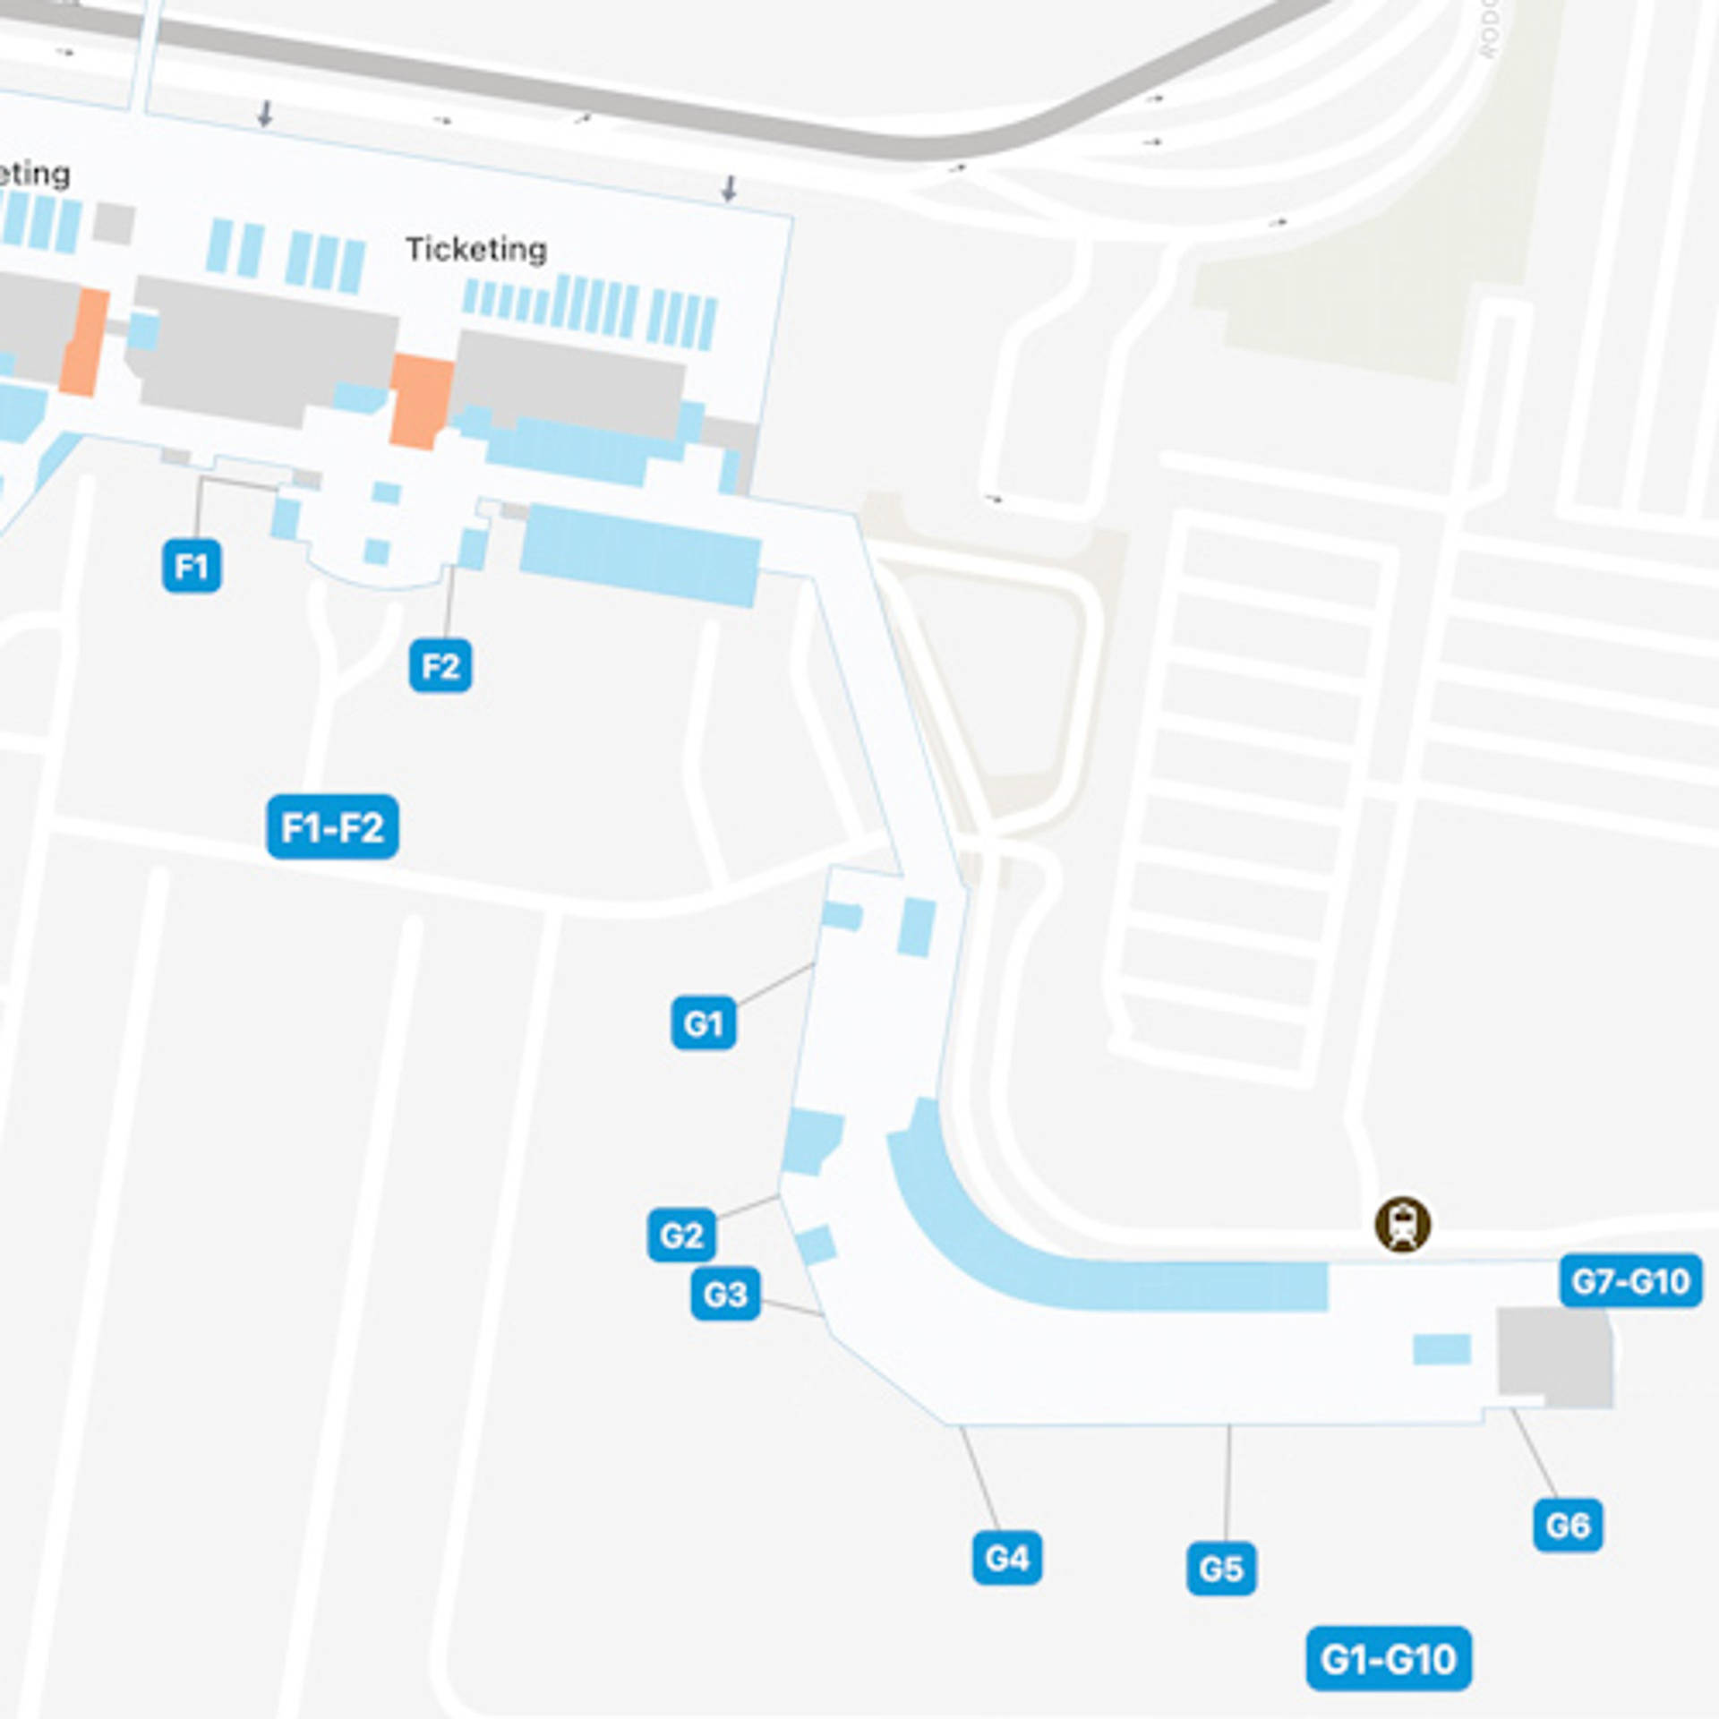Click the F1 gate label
coord(192,566)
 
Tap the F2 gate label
coord(440,666)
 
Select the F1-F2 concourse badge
coord(332,827)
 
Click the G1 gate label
coord(704,1022)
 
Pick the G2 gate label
coord(681,1236)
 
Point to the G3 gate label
coord(725,1294)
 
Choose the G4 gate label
coord(1007,1559)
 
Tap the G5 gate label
coord(1221,1569)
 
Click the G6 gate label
coord(1568,1525)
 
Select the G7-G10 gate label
coord(1630,1281)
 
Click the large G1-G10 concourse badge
coord(1388,1659)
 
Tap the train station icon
coord(1403,1224)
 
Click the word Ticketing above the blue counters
coord(476,249)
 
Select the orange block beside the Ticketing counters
coord(420,399)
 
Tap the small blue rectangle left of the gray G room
coord(1441,1348)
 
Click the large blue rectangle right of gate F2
coord(640,555)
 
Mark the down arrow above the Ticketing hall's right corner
coord(730,188)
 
